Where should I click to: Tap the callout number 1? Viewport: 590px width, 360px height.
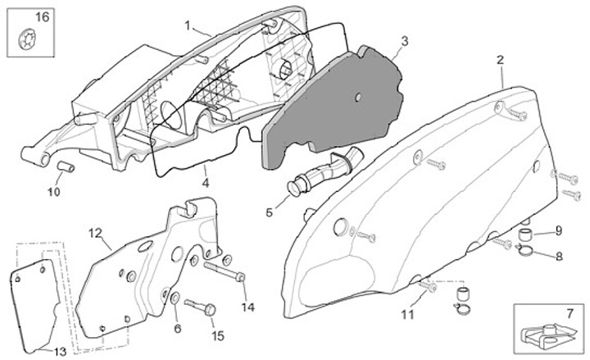188,25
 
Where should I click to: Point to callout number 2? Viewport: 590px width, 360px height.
499,60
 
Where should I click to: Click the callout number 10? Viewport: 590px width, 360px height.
53,194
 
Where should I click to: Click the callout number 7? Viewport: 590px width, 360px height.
570,313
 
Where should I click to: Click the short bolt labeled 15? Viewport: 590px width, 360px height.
202,308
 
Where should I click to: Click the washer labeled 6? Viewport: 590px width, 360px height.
177,296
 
